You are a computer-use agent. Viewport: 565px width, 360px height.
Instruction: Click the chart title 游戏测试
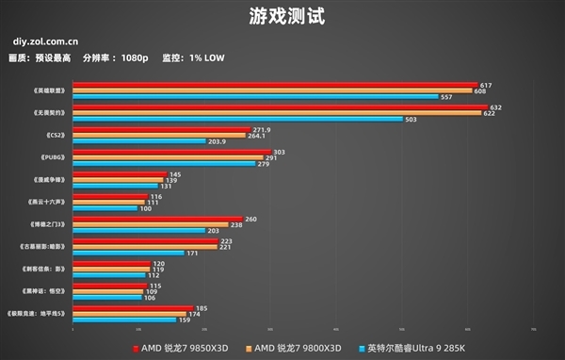282,17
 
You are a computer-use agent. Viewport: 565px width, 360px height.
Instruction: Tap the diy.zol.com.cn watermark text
46,41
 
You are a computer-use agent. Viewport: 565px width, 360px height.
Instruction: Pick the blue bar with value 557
255,96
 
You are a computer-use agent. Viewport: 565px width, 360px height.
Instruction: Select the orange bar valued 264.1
159,136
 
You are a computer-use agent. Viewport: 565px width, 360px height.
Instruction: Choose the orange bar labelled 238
151,225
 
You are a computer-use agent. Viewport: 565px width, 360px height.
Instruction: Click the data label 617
486,85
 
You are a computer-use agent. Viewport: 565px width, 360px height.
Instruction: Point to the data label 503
411,120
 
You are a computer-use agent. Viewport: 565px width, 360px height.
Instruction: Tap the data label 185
202,308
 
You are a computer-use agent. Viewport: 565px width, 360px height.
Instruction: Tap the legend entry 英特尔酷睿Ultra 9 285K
420,347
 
